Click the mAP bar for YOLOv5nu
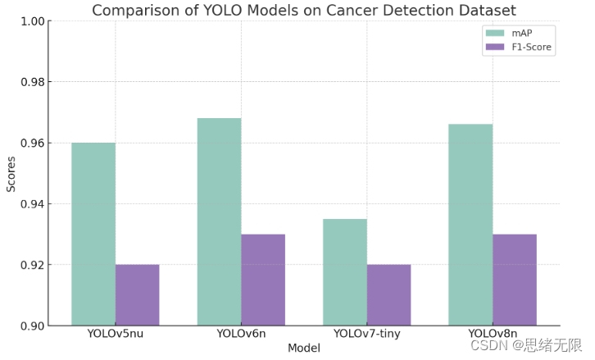pos(93,234)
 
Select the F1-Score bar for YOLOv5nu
pos(138,295)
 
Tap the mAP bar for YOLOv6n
pos(220,221)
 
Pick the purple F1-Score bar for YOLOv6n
pos(263,280)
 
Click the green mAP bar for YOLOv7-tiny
pos(345,272)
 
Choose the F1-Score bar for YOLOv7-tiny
pos(388,295)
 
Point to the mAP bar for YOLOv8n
pos(470,225)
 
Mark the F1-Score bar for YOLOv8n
pos(515,280)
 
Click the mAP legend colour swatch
pos(495,34)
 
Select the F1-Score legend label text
pos(531,47)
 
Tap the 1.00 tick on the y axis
pos(33,21)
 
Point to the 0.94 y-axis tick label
pos(33,204)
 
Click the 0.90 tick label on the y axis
pos(33,326)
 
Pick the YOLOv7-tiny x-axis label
pos(367,334)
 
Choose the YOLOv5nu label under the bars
pos(116,334)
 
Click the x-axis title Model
pos(304,348)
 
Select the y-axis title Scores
pos(11,174)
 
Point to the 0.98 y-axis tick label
pos(33,82)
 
